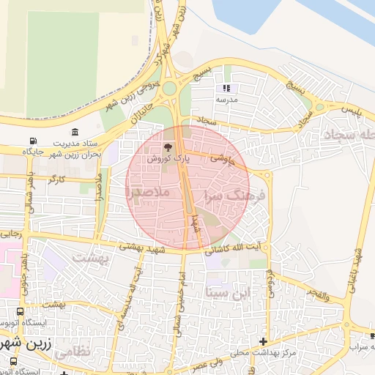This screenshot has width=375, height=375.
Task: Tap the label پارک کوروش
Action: pyautogui.click(x=168, y=158)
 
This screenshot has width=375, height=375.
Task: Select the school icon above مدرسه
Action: pyautogui.click(x=226, y=89)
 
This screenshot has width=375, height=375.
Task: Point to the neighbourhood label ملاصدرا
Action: pyautogui.click(x=148, y=192)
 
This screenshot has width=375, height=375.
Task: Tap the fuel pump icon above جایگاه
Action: pyautogui.click(x=32, y=141)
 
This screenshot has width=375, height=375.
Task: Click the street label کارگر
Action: pyautogui.click(x=56, y=179)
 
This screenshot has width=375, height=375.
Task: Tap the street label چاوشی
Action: pyautogui.click(x=226, y=157)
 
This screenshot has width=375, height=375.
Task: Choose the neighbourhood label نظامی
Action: pyautogui.click(x=73, y=352)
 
